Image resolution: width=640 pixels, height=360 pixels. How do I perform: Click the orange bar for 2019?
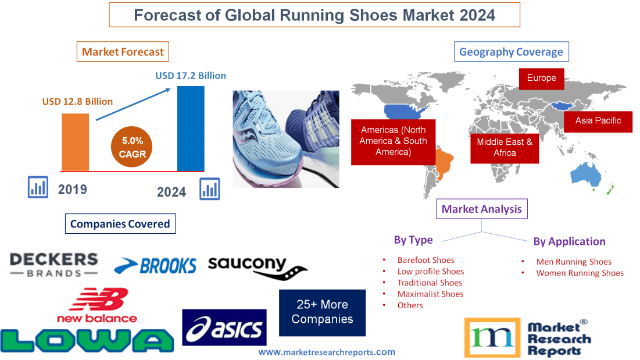(76, 142)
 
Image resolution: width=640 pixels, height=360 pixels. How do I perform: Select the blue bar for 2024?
(191, 129)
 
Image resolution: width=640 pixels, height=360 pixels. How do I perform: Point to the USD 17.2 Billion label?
(191, 76)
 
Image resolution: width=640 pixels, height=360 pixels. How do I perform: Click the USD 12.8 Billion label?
(77, 101)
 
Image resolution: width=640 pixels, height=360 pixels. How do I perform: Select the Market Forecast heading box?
(123, 52)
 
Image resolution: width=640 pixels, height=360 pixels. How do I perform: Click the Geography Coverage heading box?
(511, 52)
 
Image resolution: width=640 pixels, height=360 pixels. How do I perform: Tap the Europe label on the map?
(541, 78)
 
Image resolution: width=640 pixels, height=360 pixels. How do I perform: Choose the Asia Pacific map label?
(598, 121)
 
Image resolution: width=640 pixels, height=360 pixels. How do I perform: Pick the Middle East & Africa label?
(505, 147)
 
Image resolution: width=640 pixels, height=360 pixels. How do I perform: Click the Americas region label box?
(393, 141)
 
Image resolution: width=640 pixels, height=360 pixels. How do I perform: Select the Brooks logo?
(155, 266)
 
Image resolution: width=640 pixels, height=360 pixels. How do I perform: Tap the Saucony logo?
(256, 266)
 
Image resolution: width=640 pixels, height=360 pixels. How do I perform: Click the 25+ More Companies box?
(322, 312)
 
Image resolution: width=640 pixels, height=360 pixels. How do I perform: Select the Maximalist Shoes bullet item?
(430, 294)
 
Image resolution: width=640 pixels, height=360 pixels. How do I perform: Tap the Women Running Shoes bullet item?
(580, 273)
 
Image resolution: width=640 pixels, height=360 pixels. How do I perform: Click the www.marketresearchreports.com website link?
(327, 352)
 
